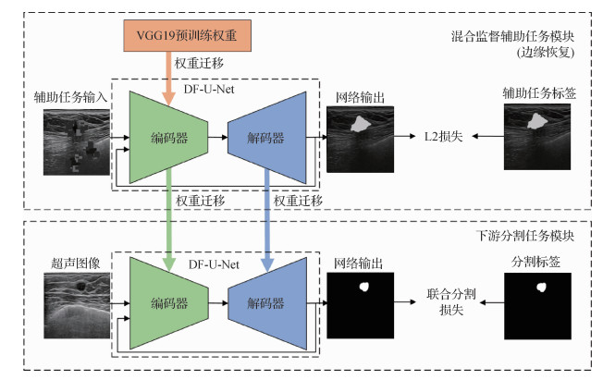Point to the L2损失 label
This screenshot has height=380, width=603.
(438, 137)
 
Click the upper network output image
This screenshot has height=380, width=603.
(359, 137)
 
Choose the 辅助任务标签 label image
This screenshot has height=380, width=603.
(536, 137)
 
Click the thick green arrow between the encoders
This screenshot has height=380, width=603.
(168, 222)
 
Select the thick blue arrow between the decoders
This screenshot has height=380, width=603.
(267, 222)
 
